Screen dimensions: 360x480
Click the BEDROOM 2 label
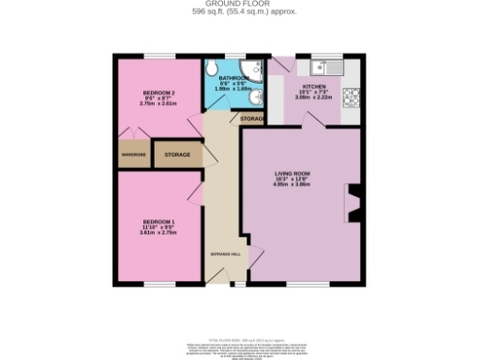pyautogui.click(x=155, y=92)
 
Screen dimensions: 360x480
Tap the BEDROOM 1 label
pyautogui.click(x=155, y=222)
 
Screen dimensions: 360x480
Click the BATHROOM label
pyautogui.click(x=233, y=79)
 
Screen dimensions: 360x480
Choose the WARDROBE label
pyautogui.click(x=132, y=155)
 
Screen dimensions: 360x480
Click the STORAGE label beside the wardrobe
pyautogui.click(x=178, y=155)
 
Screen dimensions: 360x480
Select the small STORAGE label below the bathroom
pyautogui.click(x=251, y=120)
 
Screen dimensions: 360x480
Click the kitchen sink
pyautogui.click(x=325, y=67)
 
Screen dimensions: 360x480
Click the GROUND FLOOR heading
pyautogui.click(x=240, y=5)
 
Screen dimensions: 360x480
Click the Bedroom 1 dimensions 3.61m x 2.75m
pyautogui.click(x=155, y=232)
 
